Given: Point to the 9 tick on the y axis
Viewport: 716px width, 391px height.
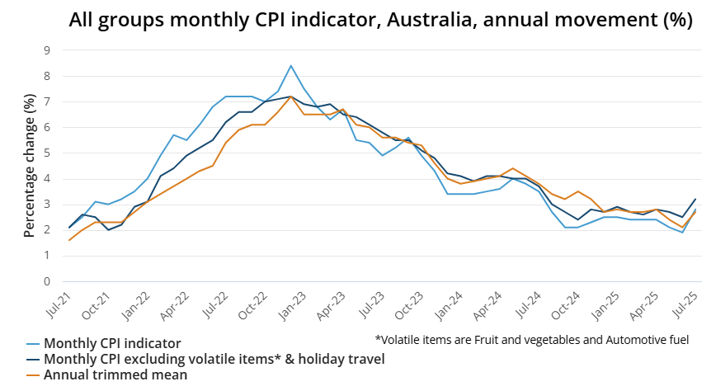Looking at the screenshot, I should click(x=46, y=50).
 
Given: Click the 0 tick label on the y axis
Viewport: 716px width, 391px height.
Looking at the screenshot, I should click(x=46, y=281).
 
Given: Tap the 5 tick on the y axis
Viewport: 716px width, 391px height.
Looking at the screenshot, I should click(x=46, y=153).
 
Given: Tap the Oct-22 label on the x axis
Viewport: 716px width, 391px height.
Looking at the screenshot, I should click(x=256, y=306).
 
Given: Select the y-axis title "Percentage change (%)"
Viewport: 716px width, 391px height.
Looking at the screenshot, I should click(x=30, y=166).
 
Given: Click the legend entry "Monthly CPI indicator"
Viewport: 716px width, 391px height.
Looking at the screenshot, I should click(x=112, y=343).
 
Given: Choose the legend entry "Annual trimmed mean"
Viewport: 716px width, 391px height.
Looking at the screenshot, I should click(x=115, y=375).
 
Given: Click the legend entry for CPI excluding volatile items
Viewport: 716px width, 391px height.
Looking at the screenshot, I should click(x=214, y=359).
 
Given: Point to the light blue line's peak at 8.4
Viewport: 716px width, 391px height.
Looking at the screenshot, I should click(x=291, y=66).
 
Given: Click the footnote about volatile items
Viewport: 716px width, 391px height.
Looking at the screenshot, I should click(x=531, y=339).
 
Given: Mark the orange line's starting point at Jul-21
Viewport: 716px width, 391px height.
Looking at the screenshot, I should click(x=69, y=240).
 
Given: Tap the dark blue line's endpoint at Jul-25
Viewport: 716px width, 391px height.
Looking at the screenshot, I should click(x=695, y=199).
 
